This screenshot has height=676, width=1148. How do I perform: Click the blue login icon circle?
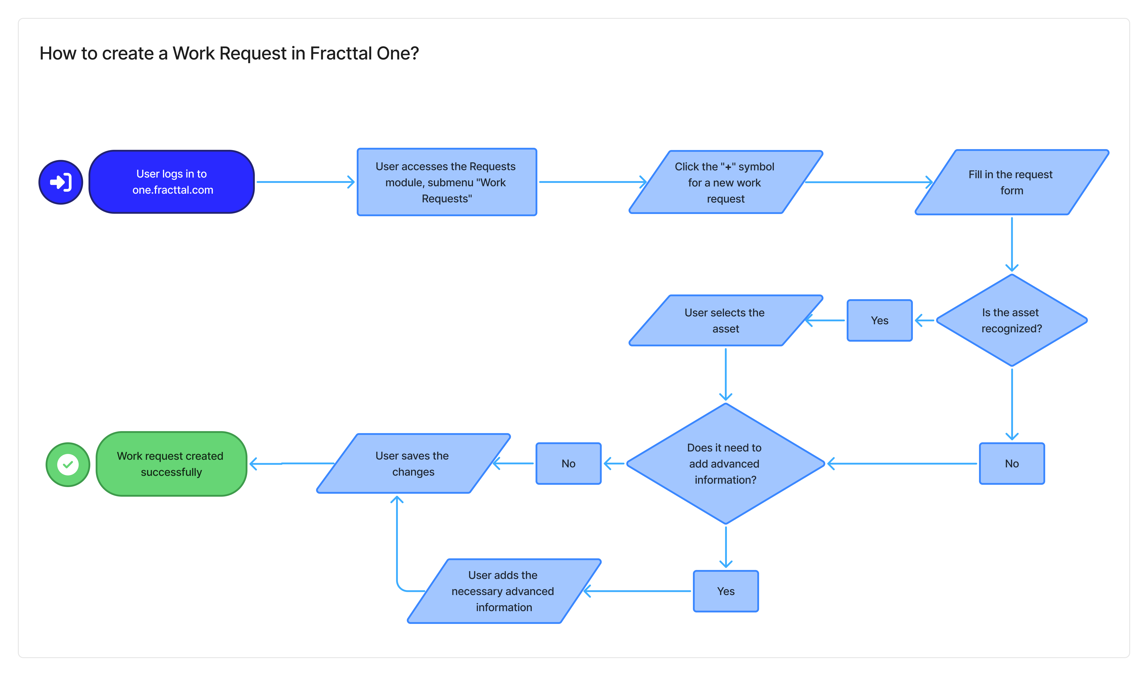61,182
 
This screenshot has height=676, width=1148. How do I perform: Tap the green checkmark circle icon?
68,464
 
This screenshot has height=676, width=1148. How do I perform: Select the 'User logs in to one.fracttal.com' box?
172,182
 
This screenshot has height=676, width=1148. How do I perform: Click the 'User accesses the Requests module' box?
446,182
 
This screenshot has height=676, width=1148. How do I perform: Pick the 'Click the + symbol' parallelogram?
725,182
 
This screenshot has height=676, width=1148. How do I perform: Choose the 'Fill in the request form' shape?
1011,182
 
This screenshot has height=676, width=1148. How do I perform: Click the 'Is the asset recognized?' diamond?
1011,320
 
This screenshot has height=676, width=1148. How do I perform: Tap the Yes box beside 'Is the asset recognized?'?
879,320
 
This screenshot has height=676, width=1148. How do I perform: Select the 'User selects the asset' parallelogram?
725,320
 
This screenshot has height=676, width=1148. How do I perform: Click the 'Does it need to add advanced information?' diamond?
725,464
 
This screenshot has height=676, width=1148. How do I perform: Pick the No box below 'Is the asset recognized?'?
1011,464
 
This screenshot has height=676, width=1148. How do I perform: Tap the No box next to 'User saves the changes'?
568,464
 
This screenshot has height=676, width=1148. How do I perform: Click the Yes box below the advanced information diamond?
725,591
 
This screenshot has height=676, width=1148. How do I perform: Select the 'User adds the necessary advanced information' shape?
503,591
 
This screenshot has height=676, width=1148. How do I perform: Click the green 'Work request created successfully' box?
171,464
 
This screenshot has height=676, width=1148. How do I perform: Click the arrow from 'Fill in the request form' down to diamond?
1012,244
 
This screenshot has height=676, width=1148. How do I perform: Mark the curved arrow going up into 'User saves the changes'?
397,547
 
